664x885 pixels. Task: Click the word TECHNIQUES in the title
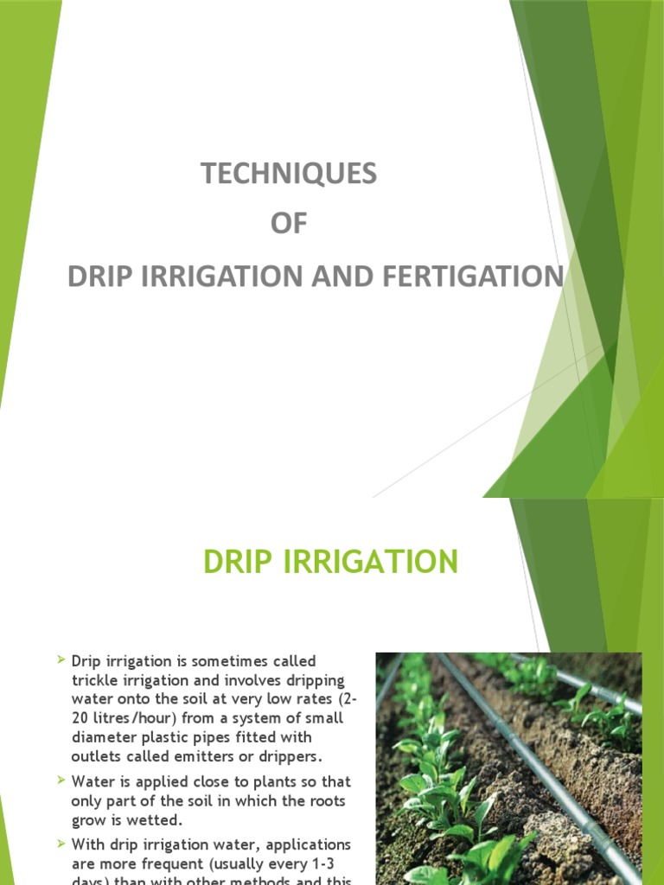coord(289,174)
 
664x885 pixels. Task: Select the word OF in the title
coord(289,225)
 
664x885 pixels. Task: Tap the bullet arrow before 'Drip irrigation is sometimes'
coord(61,660)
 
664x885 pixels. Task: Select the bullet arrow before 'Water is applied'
coord(61,780)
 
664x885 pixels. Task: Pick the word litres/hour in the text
coord(133,718)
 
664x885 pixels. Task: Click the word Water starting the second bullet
coord(93,781)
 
